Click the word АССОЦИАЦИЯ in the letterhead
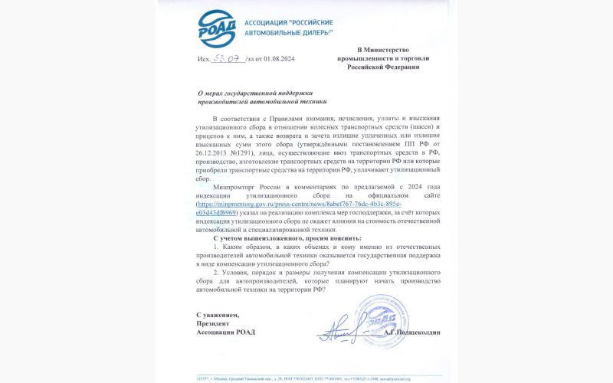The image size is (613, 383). [x=267, y=23]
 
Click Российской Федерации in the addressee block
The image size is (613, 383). [x=380, y=67]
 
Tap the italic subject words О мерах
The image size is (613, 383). [x=208, y=93]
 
